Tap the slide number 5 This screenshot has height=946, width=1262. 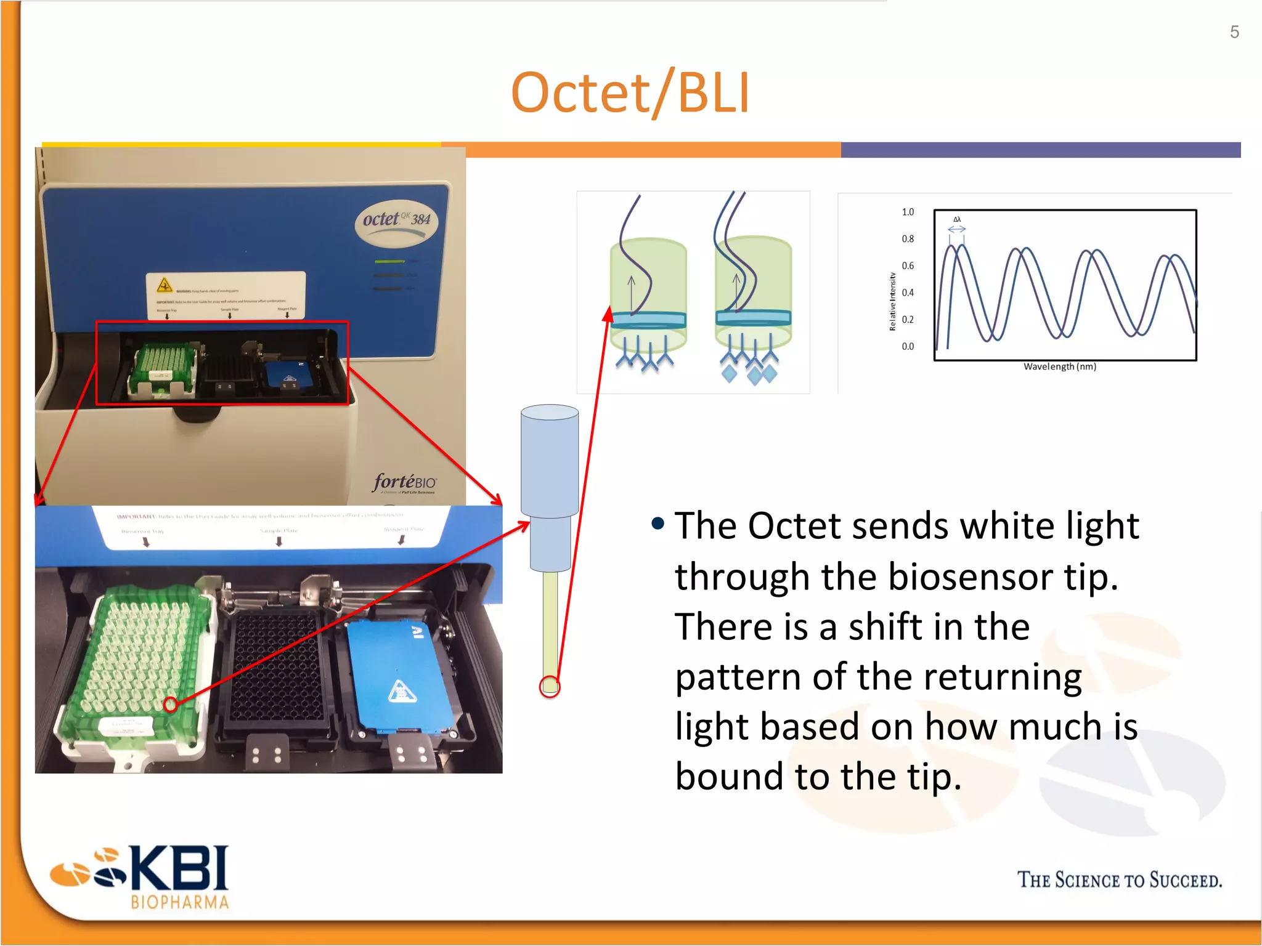[1234, 32]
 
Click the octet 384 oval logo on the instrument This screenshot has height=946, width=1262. [397, 220]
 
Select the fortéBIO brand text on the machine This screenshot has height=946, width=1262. [404, 482]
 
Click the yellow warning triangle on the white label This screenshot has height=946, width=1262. [164, 285]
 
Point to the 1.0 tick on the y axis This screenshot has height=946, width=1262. [908, 212]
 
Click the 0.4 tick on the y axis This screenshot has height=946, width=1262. [908, 293]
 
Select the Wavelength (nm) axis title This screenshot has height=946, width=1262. [1059, 366]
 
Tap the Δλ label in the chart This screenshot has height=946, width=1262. [957, 219]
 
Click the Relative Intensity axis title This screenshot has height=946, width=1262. [892, 301]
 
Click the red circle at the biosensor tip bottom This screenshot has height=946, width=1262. [550, 686]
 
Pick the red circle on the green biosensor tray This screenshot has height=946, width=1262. [171, 705]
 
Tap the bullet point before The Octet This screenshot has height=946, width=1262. [657, 524]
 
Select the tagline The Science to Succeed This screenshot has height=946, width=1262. [1119, 880]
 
